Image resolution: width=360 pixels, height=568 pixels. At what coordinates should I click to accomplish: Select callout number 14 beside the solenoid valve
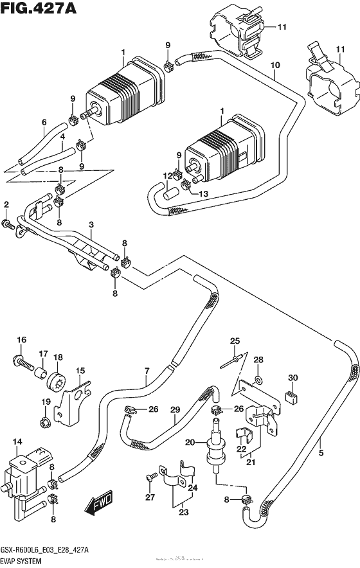[17, 442]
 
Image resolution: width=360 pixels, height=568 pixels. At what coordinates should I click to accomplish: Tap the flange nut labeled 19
[45, 422]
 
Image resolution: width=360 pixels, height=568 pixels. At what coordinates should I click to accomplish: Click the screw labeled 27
[151, 477]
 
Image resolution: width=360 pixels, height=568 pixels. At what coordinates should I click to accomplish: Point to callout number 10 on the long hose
[276, 65]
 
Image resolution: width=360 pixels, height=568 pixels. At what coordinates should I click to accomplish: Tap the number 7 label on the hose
[147, 371]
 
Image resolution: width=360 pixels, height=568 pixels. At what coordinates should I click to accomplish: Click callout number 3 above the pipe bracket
[92, 224]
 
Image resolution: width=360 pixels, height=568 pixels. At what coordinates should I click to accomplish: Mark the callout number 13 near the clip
[204, 195]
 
